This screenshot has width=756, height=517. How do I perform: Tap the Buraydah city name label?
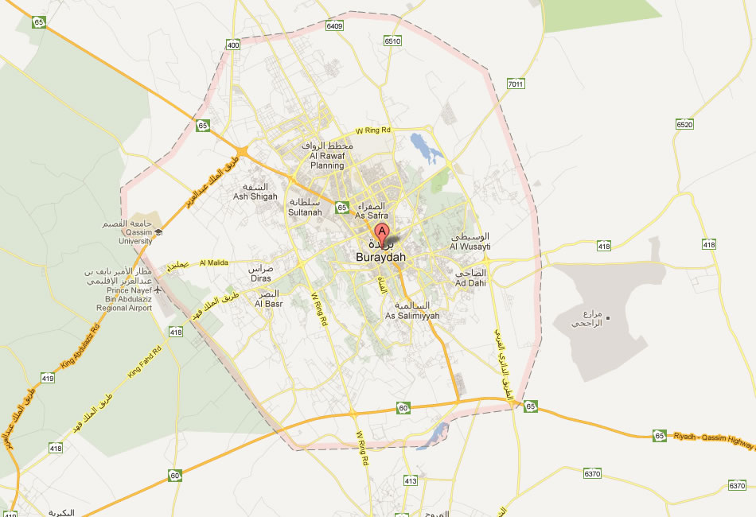tap(380, 258)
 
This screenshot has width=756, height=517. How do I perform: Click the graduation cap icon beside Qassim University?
tap(158, 231)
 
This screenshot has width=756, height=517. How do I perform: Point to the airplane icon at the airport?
tap(158, 290)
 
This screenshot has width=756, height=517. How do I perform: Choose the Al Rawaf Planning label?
tap(327, 165)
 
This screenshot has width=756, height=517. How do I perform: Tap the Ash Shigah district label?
tap(255, 196)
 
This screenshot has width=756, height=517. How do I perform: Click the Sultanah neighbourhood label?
tap(305, 213)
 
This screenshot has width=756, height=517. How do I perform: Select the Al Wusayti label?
tap(470, 247)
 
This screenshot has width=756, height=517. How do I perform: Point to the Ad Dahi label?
tap(470, 282)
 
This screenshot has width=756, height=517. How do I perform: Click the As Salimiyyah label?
tap(412, 316)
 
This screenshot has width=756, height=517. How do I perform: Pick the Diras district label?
tap(261, 278)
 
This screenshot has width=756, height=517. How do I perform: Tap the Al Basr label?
tap(268, 303)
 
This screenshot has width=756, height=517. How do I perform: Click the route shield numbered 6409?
tap(334, 26)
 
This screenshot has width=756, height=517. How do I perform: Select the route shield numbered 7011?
tap(516, 84)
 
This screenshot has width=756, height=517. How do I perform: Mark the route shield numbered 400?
tap(232, 45)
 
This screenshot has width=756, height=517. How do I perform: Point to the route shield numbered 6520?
tap(684, 125)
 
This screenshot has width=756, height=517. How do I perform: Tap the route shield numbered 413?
tap(411, 480)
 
